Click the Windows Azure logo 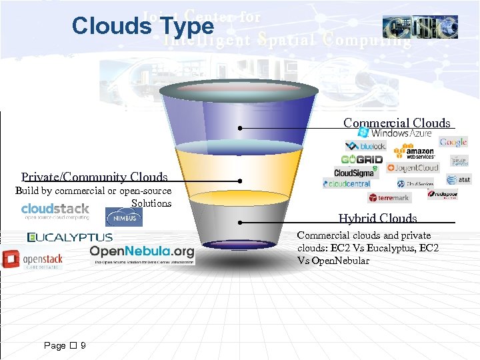395,133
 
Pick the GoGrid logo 361,159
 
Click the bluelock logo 365,145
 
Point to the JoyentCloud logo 413,168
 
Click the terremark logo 389,197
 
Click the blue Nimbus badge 124,217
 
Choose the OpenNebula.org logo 142,253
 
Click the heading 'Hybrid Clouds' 377,218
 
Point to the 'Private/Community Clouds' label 94,177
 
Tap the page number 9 83,345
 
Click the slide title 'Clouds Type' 143,26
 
